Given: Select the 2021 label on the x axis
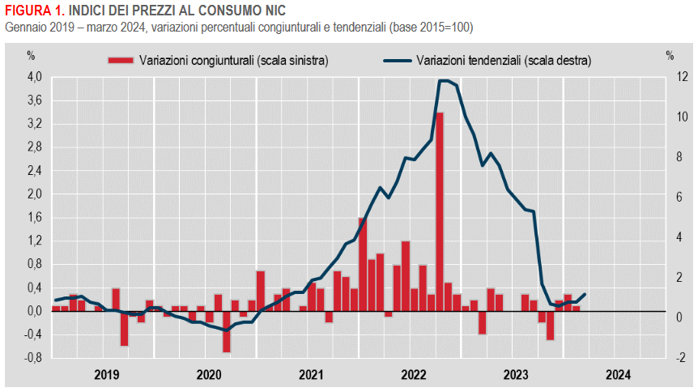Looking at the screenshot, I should pos(311,374).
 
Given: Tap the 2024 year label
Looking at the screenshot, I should pos(618,374).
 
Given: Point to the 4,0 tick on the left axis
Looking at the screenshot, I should pos(34,78).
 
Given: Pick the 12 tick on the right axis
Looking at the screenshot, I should pos(671,78).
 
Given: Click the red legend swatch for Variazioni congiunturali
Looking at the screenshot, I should pos(121,60).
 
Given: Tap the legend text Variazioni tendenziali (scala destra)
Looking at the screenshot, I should pos(503,60).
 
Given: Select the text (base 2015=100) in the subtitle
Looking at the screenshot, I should pos(431,27).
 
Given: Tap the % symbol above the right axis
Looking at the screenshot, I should pos(670,56).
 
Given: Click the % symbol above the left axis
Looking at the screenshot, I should pos(31,56).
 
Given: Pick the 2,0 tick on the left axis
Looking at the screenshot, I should pos(34,194).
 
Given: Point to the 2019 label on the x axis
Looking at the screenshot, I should pos(107,374).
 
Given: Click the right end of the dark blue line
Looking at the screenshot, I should pos(585,294).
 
